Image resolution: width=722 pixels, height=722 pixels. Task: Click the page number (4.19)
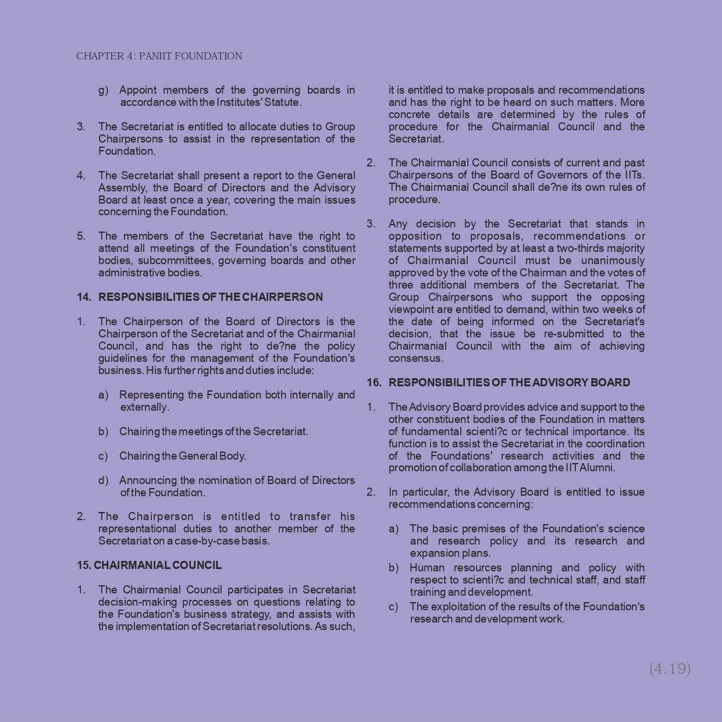click(x=670, y=668)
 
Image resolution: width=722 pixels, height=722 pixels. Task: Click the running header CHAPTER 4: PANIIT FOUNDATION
click(x=159, y=56)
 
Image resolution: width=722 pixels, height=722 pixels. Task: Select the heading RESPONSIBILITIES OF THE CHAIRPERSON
click(x=210, y=297)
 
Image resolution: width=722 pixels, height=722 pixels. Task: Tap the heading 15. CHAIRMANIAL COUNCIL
click(x=149, y=565)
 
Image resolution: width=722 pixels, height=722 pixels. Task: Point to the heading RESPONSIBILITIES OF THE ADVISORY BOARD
click(x=509, y=383)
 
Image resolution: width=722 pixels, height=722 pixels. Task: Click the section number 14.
click(x=84, y=297)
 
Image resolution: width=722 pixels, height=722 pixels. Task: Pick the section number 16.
click(x=374, y=383)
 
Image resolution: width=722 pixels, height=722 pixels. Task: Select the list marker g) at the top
click(x=103, y=90)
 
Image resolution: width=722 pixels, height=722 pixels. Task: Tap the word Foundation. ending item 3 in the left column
click(x=127, y=151)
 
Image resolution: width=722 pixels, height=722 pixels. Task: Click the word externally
click(x=145, y=407)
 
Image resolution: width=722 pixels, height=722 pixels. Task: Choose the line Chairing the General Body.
click(x=183, y=456)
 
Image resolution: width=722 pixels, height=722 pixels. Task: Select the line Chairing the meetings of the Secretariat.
click(x=214, y=432)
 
